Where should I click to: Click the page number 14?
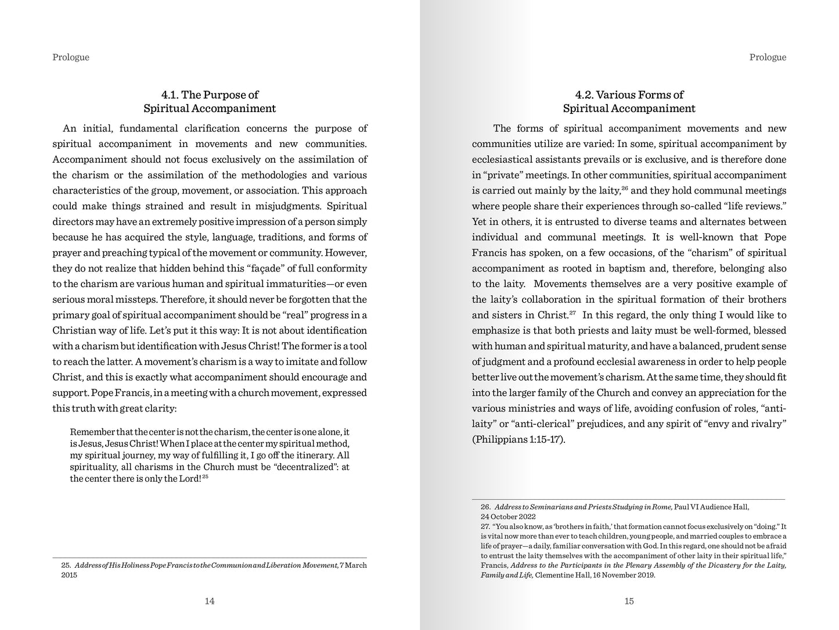pos(210,601)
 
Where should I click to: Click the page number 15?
pos(629,601)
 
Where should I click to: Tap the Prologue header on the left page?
pos(71,57)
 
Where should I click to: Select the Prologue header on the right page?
pos(768,57)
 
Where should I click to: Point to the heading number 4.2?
pos(584,95)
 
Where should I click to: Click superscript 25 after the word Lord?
pos(206,477)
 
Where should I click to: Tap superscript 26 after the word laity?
pos(625,188)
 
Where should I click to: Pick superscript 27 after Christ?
pos(572,313)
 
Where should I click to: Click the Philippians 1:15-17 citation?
pos(518,439)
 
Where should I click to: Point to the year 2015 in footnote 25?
pos(69,575)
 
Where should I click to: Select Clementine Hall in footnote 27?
pos(559,575)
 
